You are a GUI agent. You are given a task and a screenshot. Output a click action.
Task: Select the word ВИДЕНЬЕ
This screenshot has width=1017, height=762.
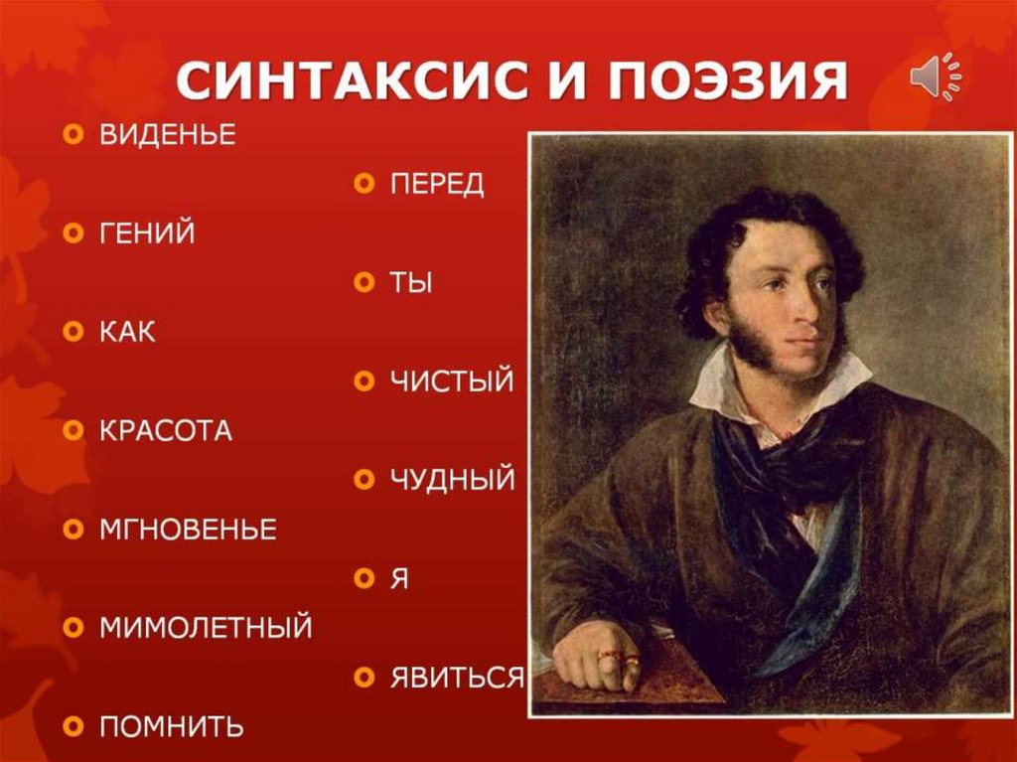(x=167, y=136)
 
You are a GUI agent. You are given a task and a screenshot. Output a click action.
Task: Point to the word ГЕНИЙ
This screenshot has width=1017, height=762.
(x=147, y=234)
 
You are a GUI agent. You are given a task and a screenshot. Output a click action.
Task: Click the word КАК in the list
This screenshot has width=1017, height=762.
(x=127, y=332)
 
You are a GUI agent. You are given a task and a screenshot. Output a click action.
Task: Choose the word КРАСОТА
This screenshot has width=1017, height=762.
(x=165, y=431)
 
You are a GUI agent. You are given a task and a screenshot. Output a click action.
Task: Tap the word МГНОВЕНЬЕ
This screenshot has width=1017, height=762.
(x=187, y=529)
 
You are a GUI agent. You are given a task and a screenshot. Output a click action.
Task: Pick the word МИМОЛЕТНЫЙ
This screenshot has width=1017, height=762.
(x=206, y=628)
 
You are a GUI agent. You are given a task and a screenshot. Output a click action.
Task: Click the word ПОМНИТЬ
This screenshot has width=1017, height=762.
(x=171, y=726)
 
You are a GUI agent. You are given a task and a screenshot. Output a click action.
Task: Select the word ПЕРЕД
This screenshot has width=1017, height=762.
(x=437, y=185)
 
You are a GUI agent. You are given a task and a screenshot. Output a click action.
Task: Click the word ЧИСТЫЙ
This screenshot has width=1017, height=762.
(x=452, y=381)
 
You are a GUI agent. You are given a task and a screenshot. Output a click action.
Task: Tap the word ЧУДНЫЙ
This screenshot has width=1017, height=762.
(x=453, y=480)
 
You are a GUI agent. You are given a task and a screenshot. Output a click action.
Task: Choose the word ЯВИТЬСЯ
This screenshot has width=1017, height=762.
(x=456, y=678)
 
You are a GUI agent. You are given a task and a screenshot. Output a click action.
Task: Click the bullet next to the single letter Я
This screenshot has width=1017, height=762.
(x=363, y=579)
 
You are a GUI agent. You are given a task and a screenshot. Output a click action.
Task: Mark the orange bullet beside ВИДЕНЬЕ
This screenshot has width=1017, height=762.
(x=73, y=136)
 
